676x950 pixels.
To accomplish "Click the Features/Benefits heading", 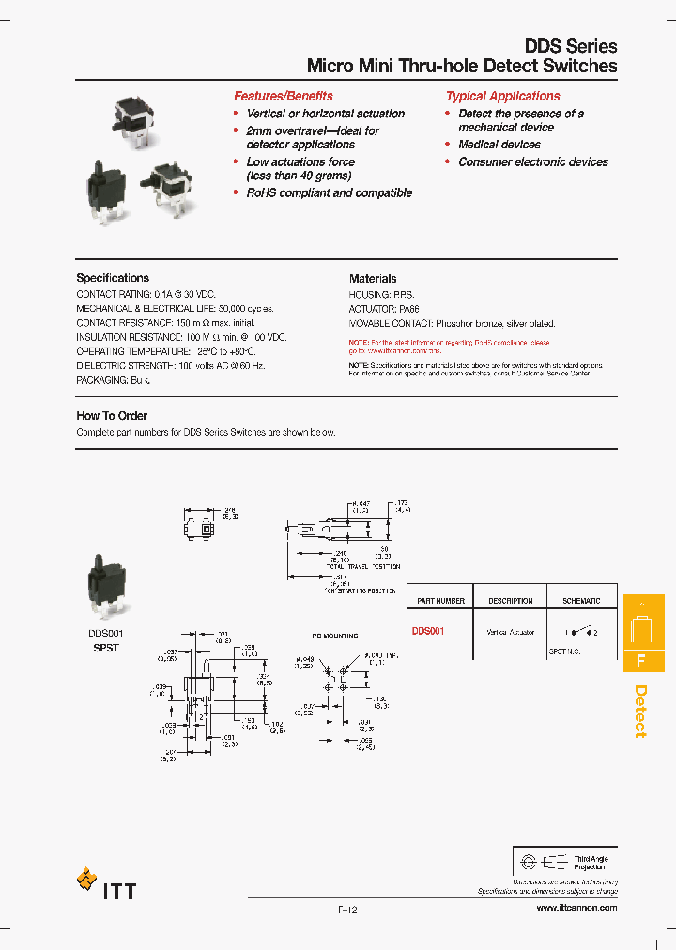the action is coord(283,96).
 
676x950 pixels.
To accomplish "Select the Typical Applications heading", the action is coord(502,96).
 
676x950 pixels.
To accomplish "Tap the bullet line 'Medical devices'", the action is coord(499,145).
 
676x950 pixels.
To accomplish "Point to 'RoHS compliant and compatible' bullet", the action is coord(329,192).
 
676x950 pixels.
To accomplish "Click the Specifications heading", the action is coord(113,278).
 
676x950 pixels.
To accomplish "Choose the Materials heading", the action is coord(373,278).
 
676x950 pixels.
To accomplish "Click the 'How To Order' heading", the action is coord(112,415).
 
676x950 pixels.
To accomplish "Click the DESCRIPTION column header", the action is coord(510,601).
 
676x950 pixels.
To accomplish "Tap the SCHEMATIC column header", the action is coord(581,601).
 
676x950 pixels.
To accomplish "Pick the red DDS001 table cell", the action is coord(427,632).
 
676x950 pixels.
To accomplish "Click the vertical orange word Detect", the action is coord(641,711).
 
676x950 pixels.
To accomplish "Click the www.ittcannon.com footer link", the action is coord(576,909).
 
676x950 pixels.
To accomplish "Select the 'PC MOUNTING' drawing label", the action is coord(335,636).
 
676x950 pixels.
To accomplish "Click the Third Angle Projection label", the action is coord(590,863).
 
